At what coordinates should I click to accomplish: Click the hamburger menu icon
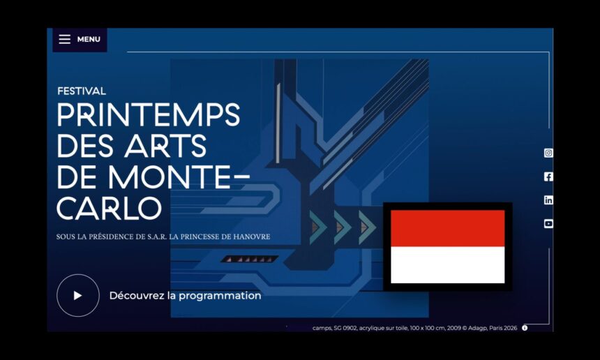65,39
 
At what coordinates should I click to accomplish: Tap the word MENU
89,39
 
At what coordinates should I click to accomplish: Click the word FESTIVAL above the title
82,91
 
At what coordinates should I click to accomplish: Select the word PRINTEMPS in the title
149,115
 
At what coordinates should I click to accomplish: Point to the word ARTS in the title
165,146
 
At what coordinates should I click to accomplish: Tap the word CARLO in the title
110,208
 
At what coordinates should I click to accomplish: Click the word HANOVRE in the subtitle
252,237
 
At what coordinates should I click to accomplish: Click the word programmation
220,296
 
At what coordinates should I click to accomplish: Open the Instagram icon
548,153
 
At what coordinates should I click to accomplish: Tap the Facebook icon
548,177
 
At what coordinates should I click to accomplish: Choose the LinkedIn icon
548,200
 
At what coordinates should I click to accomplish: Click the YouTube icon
548,224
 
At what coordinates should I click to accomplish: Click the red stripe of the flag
448,228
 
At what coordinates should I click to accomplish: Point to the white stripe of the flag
448,264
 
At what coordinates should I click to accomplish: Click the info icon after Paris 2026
525,328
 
